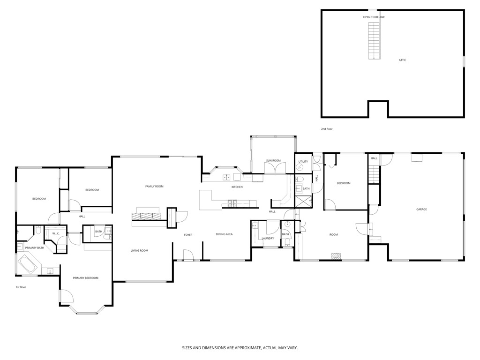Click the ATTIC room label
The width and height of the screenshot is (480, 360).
[x=402, y=60]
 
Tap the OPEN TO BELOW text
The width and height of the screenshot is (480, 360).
[x=374, y=17]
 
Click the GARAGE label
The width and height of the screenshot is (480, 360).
[x=421, y=209]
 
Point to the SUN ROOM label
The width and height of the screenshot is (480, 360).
[x=273, y=161]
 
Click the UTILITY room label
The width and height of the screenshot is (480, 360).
[x=303, y=161]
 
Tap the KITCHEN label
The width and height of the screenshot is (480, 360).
[x=237, y=187]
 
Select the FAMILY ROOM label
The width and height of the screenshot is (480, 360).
[x=154, y=187]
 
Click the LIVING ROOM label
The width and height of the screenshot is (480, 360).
[x=139, y=251]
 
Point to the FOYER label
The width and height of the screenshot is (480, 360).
[x=188, y=234]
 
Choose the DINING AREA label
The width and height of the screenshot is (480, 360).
[x=224, y=234]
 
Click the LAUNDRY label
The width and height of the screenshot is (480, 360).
[x=268, y=238]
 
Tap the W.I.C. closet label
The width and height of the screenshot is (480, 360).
[x=55, y=233]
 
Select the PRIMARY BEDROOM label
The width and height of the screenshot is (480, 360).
[x=86, y=278]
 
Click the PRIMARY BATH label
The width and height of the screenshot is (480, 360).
[x=35, y=247]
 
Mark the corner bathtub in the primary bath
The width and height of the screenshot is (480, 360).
[x=28, y=265]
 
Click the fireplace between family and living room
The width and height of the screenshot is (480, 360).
[x=146, y=216]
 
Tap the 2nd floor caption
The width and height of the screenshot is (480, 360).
[x=327, y=129]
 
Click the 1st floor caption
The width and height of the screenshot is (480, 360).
[x=20, y=287]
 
